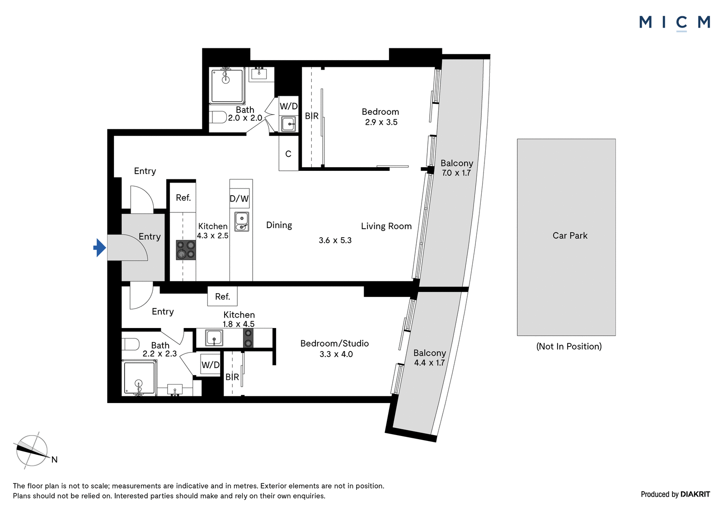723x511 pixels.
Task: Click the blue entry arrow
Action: (100, 248)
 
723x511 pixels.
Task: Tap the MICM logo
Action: (675, 23)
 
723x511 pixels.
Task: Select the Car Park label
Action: (570, 236)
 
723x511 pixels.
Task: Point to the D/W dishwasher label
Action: (239, 198)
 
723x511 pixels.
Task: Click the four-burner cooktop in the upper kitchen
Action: (186, 250)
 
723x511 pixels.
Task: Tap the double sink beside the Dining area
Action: (241, 222)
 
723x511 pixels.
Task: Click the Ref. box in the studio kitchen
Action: (222, 296)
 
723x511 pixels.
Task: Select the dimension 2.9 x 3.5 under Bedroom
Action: (381, 122)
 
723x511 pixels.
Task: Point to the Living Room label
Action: (386, 226)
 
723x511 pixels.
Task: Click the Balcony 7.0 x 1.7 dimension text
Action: (456, 173)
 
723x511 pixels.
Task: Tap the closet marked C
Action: (289, 153)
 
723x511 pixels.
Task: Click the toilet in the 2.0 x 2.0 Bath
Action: (218, 117)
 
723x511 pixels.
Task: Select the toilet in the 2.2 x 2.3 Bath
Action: (131, 344)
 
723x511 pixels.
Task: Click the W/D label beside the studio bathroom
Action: (211, 365)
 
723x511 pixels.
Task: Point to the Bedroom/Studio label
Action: (335, 343)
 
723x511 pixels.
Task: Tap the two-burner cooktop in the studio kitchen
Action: (248, 338)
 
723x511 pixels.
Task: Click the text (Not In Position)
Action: (569, 347)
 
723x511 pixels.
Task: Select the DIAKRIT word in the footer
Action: (695, 494)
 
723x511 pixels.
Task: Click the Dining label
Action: (279, 225)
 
